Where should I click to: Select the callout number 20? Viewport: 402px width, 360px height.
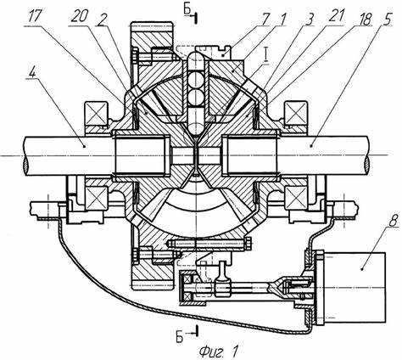click(x=80, y=17)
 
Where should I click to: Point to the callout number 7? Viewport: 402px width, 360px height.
click(x=266, y=18)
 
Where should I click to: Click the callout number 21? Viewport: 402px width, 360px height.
click(x=334, y=18)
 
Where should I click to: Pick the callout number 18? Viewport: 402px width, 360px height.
click(x=364, y=18)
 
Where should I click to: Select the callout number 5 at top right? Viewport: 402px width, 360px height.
click(x=387, y=18)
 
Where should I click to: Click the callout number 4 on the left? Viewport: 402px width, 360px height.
click(x=33, y=73)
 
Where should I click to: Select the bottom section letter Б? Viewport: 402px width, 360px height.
click(x=180, y=337)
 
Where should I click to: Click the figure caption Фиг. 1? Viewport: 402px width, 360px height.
click(x=218, y=352)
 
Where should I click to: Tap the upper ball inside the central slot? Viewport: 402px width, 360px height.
click(x=196, y=80)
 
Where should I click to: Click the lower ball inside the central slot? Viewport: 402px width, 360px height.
click(x=196, y=96)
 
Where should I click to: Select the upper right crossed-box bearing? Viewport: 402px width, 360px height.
click(x=296, y=114)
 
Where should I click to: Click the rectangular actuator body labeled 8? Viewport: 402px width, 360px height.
click(x=355, y=287)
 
